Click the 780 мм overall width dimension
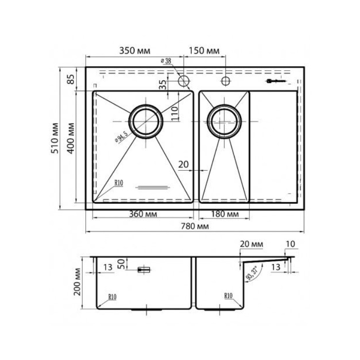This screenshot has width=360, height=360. tap(195, 226)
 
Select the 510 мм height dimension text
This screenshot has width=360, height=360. tap(55, 138)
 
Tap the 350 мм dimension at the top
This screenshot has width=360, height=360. tap(135, 51)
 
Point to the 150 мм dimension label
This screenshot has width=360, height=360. tap(204, 51)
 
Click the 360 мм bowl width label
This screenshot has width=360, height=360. tap(143, 214)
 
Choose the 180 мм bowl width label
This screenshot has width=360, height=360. tap(225, 214)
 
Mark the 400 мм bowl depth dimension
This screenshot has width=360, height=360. tap(71, 138)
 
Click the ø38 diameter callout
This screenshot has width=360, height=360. tap(166, 61)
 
